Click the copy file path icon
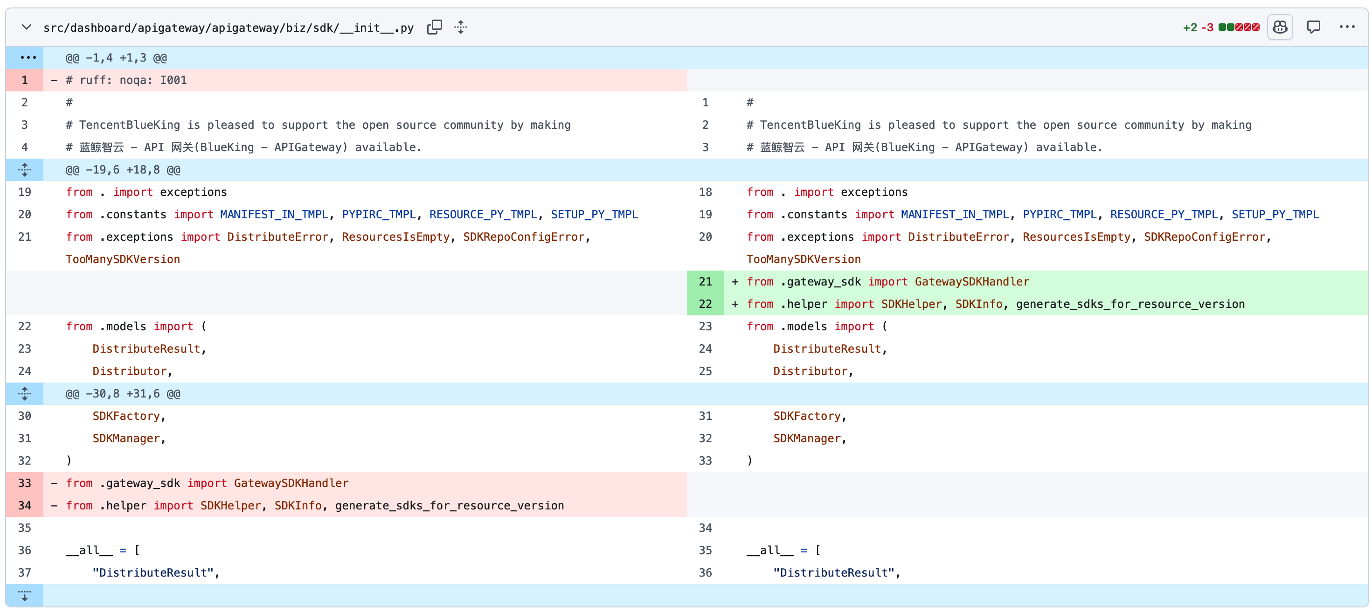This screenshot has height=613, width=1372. point(435,27)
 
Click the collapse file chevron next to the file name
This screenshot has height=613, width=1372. point(26,27)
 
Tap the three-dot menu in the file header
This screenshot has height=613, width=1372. point(1347,27)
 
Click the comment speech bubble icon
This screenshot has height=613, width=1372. point(1313,27)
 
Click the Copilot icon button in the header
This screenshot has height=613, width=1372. point(1280,27)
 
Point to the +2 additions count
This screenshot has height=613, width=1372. point(1190,28)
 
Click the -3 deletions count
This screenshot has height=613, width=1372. point(1207,28)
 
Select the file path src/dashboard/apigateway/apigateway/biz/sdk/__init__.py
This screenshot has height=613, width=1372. point(229,28)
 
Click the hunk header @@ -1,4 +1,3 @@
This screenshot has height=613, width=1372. point(116,57)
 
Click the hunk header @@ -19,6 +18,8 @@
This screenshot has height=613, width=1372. point(123,170)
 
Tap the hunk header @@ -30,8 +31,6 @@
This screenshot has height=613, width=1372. point(123,394)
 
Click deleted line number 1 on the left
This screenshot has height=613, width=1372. point(25,80)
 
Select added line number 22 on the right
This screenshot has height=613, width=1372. point(705,304)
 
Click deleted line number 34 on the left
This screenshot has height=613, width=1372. point(25,505)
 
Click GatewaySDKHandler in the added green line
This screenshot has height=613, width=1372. point(972,282)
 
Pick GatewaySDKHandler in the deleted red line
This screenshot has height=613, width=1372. point(291,483)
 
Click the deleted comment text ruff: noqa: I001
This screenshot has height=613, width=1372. point(133,80)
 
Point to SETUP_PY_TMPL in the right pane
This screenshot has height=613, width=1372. point(1275,215)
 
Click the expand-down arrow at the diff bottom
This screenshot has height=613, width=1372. point(25,595)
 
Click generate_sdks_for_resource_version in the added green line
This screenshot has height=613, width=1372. point(1130,304)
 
